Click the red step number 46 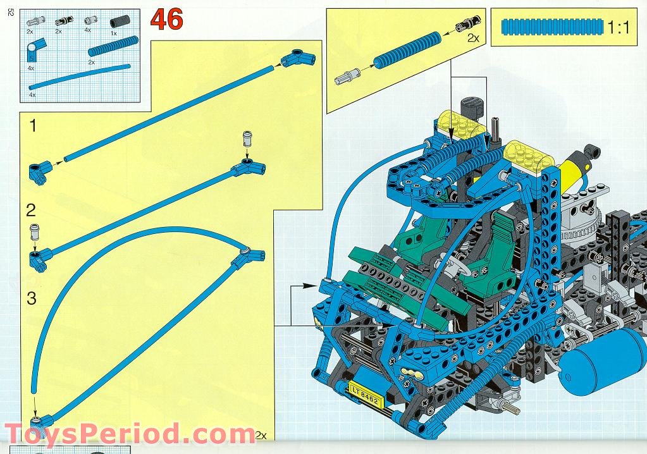pyautogui.click(x=167, y=20)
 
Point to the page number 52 pyautogui.click(x=11, y=13)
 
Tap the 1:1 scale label pyautogui.click(x=618, y=27)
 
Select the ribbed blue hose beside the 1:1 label pyautogui.click(x=552, y=27)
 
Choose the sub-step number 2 pyautogui.click(x=32, y=211)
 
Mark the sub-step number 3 pyautogui.click(x=32, y=298)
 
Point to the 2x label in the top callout pyautogui.click(x=473, y=38)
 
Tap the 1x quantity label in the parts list pyautogui.click(x=113, y=33)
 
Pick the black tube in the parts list pyautogui.click(x=120, y=21)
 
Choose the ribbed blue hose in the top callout pyautogui.click(x=407, y=51)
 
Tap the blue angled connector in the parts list pyautogui.click(x=34, y=49)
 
